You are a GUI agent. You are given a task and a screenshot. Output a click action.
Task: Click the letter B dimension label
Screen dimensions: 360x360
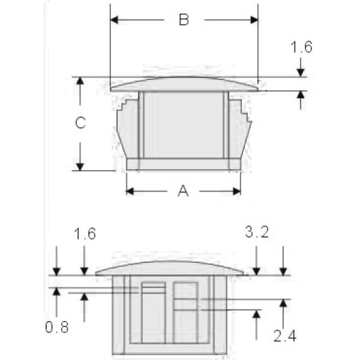tap(184, 20)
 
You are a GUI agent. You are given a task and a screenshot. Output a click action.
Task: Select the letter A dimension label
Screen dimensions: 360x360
tap(183, 191)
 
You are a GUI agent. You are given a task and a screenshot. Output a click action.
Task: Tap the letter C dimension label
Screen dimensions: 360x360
tap(80, 124)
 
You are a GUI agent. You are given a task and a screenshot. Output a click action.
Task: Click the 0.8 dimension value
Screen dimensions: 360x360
tap(57, 327)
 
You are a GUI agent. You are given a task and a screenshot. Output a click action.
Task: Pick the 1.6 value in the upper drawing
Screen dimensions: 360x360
tap(301, 47)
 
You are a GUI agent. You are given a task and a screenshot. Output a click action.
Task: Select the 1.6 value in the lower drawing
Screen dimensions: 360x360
tap(84, 233)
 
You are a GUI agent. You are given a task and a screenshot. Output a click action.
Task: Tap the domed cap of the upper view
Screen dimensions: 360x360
tap(184, 83)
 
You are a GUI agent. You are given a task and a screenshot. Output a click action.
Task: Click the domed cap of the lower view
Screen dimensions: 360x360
tap(169, 268)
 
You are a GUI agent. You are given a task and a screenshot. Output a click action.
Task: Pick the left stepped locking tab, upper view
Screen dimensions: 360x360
tap(127, 129)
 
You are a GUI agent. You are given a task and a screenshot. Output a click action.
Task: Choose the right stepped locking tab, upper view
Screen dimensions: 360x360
tap(240, 129)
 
